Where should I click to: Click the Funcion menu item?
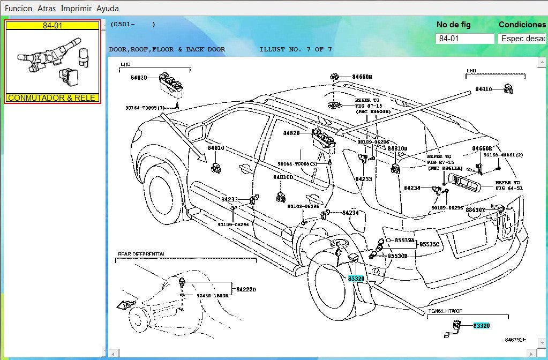tap(18, 9)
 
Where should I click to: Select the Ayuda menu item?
tap(108, 9)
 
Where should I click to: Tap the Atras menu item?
tap(47, 9)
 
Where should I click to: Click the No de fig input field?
tap(465, 39)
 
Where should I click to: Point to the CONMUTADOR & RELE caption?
tap(52, 98)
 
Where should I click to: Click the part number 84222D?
tap(246, 290)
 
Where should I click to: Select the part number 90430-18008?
tap(212, 295)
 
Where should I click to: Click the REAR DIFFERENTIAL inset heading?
tap(141, 253)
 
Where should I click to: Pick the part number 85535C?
tap(429, 244)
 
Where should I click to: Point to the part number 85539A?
tap(404, 241)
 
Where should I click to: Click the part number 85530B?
tap(397, 256)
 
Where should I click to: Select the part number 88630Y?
tap(475, 210)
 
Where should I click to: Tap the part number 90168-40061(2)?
tap(503, 155)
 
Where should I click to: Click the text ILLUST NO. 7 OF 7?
tap(295, 49)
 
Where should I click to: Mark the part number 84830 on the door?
tap(216, 148)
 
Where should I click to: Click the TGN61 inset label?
tap(445, 311)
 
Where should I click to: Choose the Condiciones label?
tap(522, 25)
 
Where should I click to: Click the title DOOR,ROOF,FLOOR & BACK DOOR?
tap(167, 49)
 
